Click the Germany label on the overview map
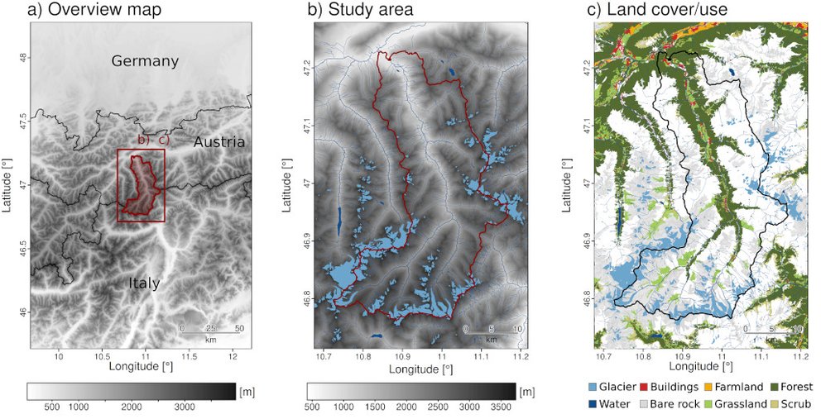tap(145, 61)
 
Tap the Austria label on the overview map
tap(218, 142)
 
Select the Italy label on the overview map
tap(143, 283)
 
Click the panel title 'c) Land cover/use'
tap(652, 11)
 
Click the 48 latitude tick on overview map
tap(23, 57)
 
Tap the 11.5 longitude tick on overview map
tap(190, 357)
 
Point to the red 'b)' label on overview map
tap(142, 140)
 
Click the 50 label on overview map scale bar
tap(239, 328)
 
